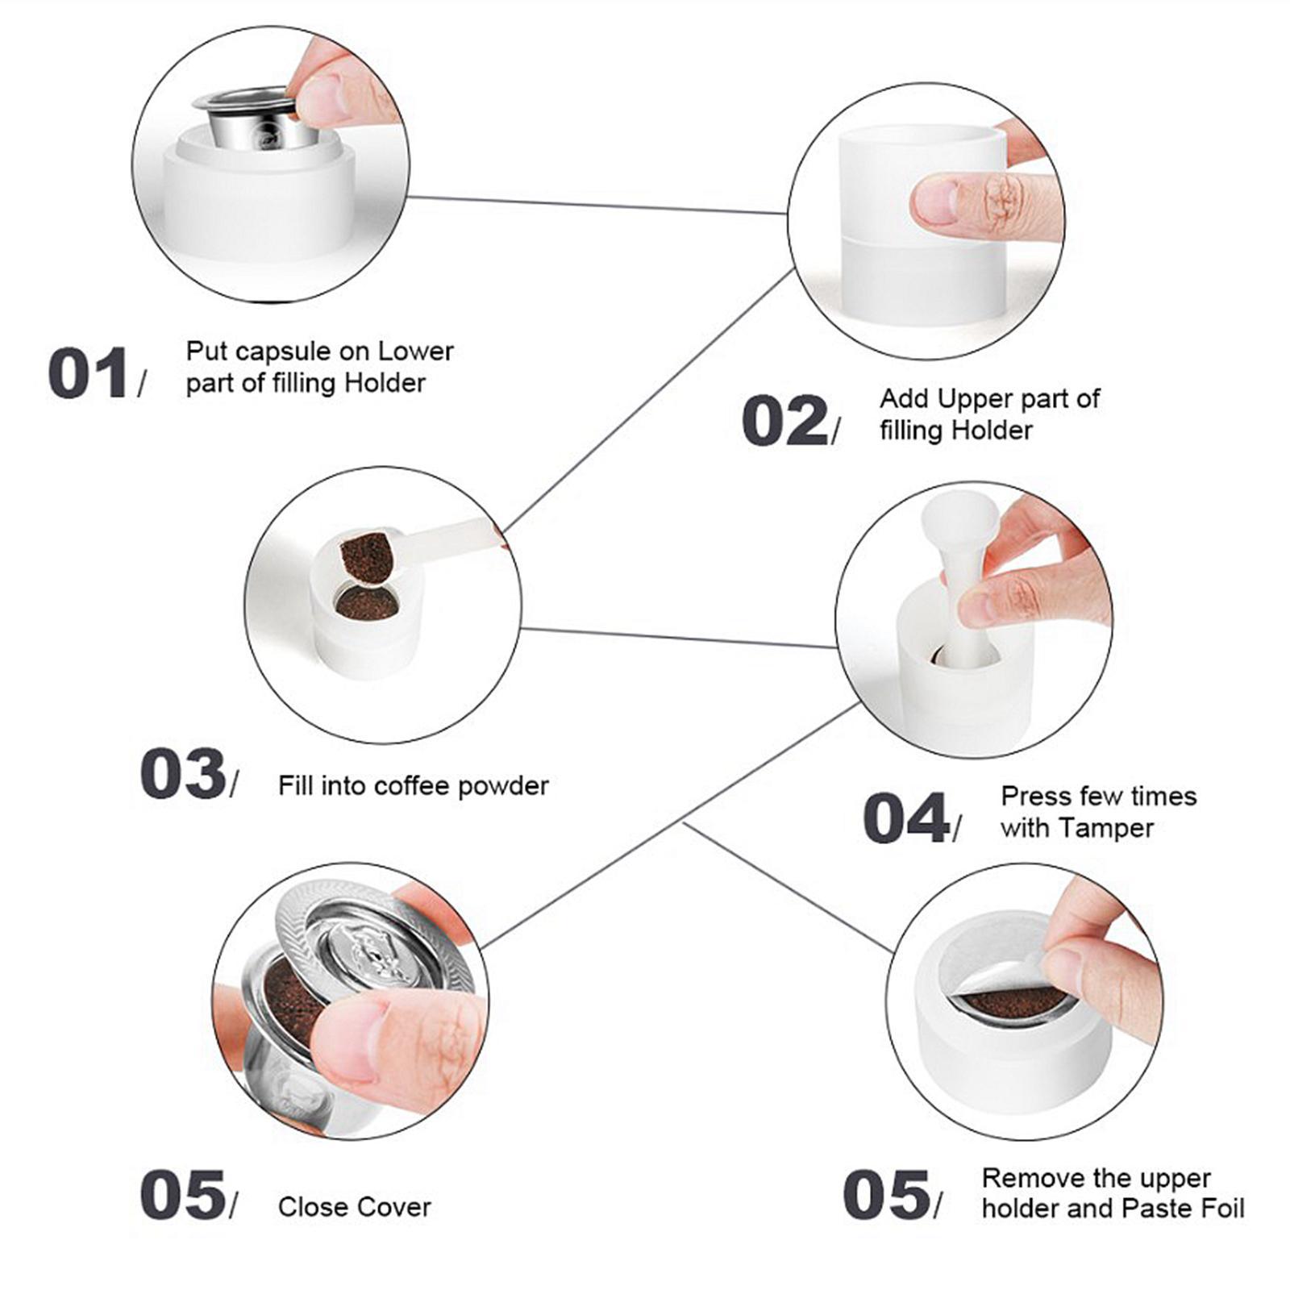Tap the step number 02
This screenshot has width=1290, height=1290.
tap(784, 420)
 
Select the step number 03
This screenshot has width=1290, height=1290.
tap(182, 774)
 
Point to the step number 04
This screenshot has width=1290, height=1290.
tap(905, 818)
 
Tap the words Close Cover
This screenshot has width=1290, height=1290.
tap(354, 1207)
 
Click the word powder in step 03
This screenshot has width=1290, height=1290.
tap(503, 785)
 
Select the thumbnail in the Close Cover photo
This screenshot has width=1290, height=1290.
tap(349, 1040)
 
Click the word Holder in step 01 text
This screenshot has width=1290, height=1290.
tap(385, 383)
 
